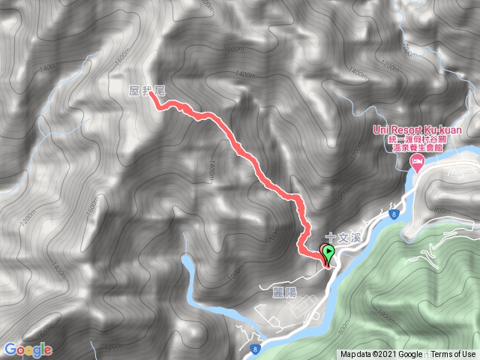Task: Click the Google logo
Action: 28,349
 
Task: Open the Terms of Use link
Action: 453,354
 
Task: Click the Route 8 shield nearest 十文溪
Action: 392,215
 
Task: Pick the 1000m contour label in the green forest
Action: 385,319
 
